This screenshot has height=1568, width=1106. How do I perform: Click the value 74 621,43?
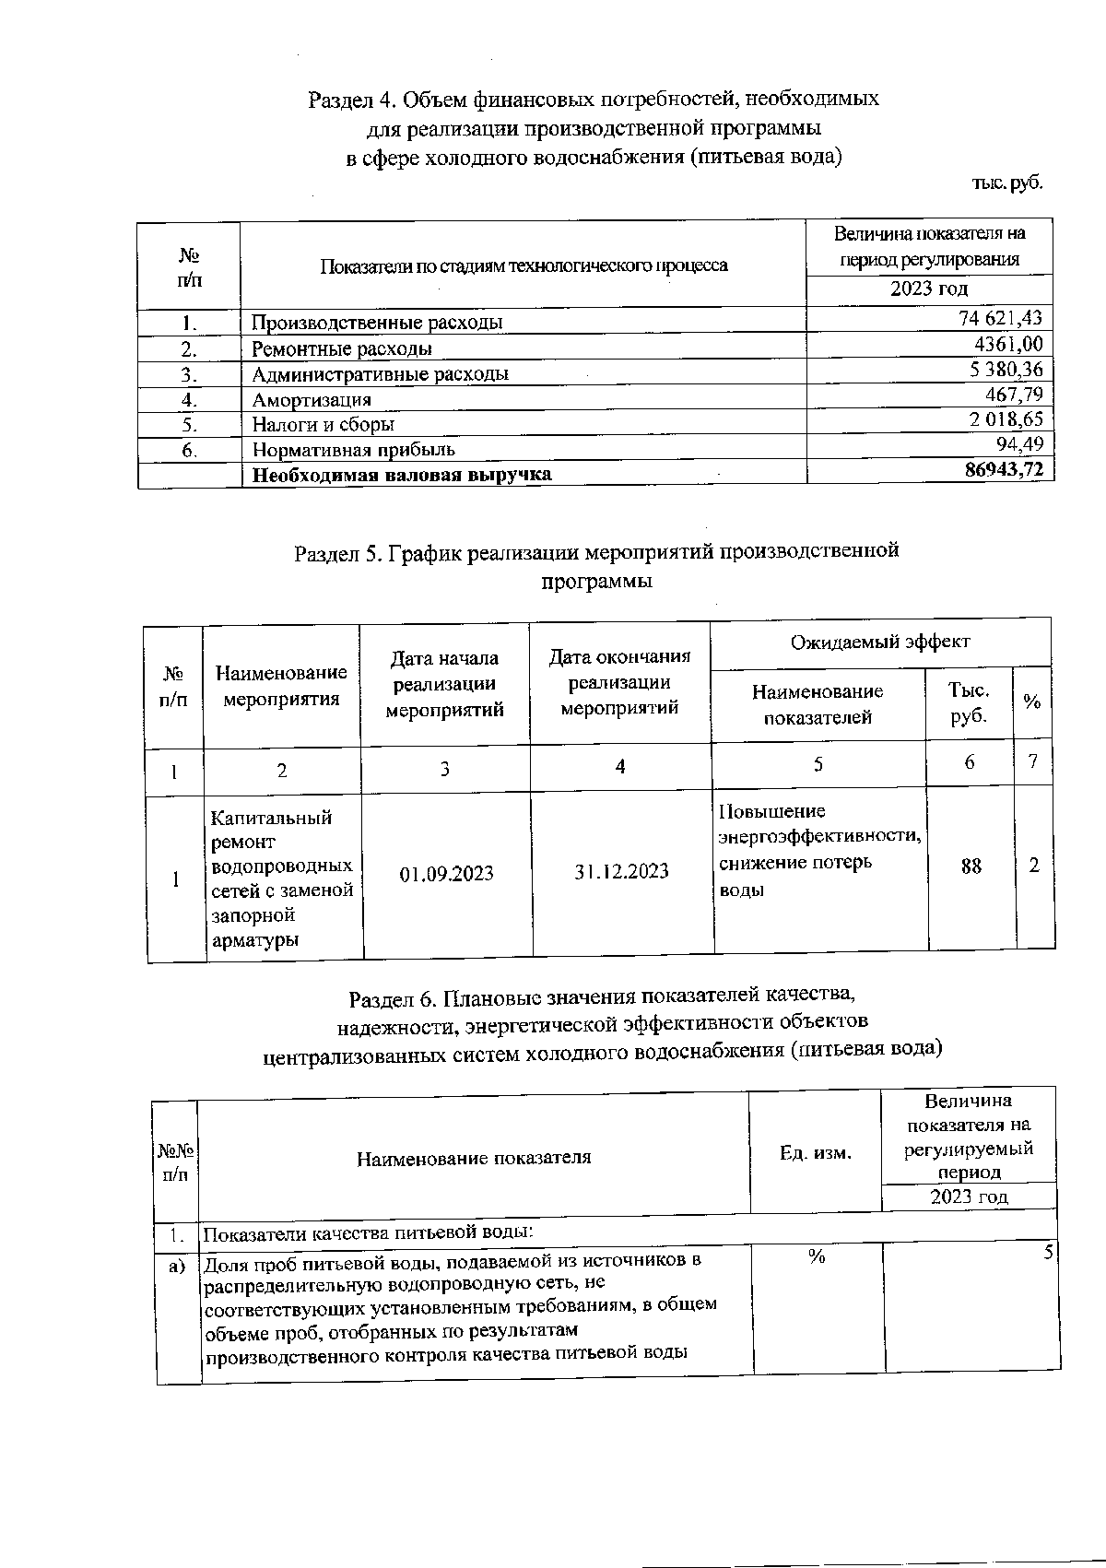(1000, 319)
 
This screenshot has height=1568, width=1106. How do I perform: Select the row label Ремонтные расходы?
(342, 349)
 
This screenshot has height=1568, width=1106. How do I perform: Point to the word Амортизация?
(312, 400)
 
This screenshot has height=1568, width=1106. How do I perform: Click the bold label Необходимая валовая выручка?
(403, 475)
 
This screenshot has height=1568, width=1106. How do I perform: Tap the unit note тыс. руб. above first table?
(1006, 183)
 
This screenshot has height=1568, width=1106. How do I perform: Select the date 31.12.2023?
(621, 871)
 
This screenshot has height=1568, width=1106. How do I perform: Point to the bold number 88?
(971, 867)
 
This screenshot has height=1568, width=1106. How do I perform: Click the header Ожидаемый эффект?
(880, 642)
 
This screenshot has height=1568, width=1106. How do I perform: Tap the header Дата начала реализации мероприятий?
(444, 684)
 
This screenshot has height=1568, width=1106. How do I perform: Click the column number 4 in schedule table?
(620, 766)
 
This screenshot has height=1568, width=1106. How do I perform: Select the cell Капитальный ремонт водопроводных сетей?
(282, 878)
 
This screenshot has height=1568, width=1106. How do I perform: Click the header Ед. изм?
(816, 1152)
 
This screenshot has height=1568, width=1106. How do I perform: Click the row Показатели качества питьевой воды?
(369, 1233)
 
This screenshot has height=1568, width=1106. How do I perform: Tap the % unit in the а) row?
(817, 1256)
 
